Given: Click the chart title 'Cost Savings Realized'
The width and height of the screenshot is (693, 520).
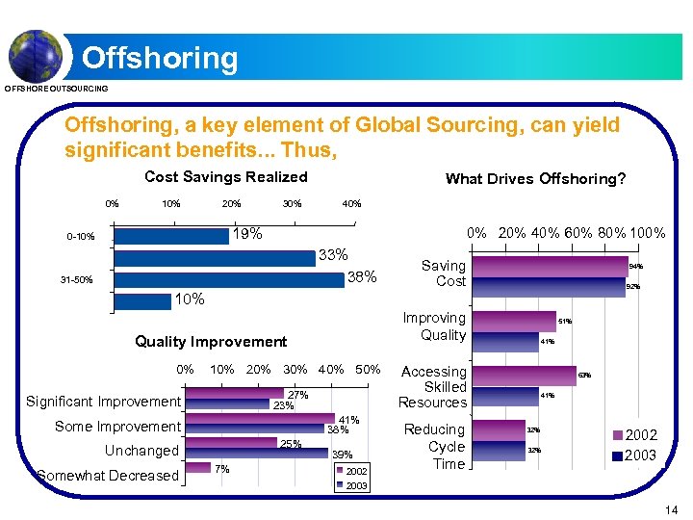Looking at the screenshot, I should pyautogui.click(x=226, y=177).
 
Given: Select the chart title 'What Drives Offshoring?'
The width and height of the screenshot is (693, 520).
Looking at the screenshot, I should pyautogui.click(x=535, y=179).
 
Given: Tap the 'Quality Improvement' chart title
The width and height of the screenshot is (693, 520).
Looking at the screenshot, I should pyautogui.click(x=211, y=342).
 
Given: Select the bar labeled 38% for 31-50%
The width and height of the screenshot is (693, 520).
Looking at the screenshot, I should pyautogui.click(x=228, y=279).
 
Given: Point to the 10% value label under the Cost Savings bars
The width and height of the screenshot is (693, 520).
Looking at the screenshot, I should pyautogui.click(x=189, y=299).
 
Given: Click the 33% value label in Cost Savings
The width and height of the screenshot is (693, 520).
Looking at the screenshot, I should pyautogui.click(x=333, y=256).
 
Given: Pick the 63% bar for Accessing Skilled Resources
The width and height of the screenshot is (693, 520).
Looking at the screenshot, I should pyautogui.click(x=526, y=374).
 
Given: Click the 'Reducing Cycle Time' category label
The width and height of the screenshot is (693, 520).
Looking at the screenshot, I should pyautogui.click(x=433, y=447).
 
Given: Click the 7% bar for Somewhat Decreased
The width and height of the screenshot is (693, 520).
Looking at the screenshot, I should pyautogui.click(x=198, y=468).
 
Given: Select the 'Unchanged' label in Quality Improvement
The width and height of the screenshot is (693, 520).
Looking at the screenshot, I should pyautogui.click(x=141, y=451).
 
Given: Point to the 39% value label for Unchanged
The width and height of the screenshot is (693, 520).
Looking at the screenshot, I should pyautogui.click(x=342, y=455).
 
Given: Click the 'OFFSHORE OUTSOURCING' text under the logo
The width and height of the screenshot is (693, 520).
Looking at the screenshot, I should pyautogui.click(x=57, y=90).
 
